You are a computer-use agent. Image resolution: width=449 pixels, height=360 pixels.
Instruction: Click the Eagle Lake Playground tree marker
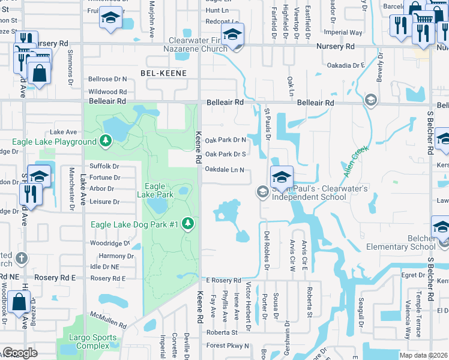click(x=106, y=141)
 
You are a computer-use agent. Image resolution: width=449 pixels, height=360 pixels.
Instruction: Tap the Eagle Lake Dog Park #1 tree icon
click(x=188, y=224)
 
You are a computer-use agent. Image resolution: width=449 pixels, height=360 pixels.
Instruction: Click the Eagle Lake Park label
click(x=155, y=190)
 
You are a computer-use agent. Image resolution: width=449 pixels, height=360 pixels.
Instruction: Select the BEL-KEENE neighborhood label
click(x=163, y=73)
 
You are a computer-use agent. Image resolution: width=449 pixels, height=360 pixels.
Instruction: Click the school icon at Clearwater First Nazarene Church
click(x=232, y=35)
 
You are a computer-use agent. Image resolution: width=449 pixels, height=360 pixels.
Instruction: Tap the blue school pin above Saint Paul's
click(x=281, y=177)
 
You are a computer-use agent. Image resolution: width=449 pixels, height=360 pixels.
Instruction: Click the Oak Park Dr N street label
click(x=225, y=140)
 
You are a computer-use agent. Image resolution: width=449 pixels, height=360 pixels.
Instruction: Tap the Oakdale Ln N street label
click(x=224, y=170)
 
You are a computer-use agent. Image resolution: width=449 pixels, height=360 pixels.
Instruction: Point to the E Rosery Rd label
click(x=223, y=280)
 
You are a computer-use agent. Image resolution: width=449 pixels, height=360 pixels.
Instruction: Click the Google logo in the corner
click(x=20, y=353)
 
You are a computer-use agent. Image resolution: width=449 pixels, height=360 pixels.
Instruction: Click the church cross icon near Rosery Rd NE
click(x=21, y=259)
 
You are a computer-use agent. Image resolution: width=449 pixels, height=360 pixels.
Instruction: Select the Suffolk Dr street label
click(x=104, y=166)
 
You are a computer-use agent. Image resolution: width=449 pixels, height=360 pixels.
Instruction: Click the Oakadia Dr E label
click(x=345, y=65)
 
